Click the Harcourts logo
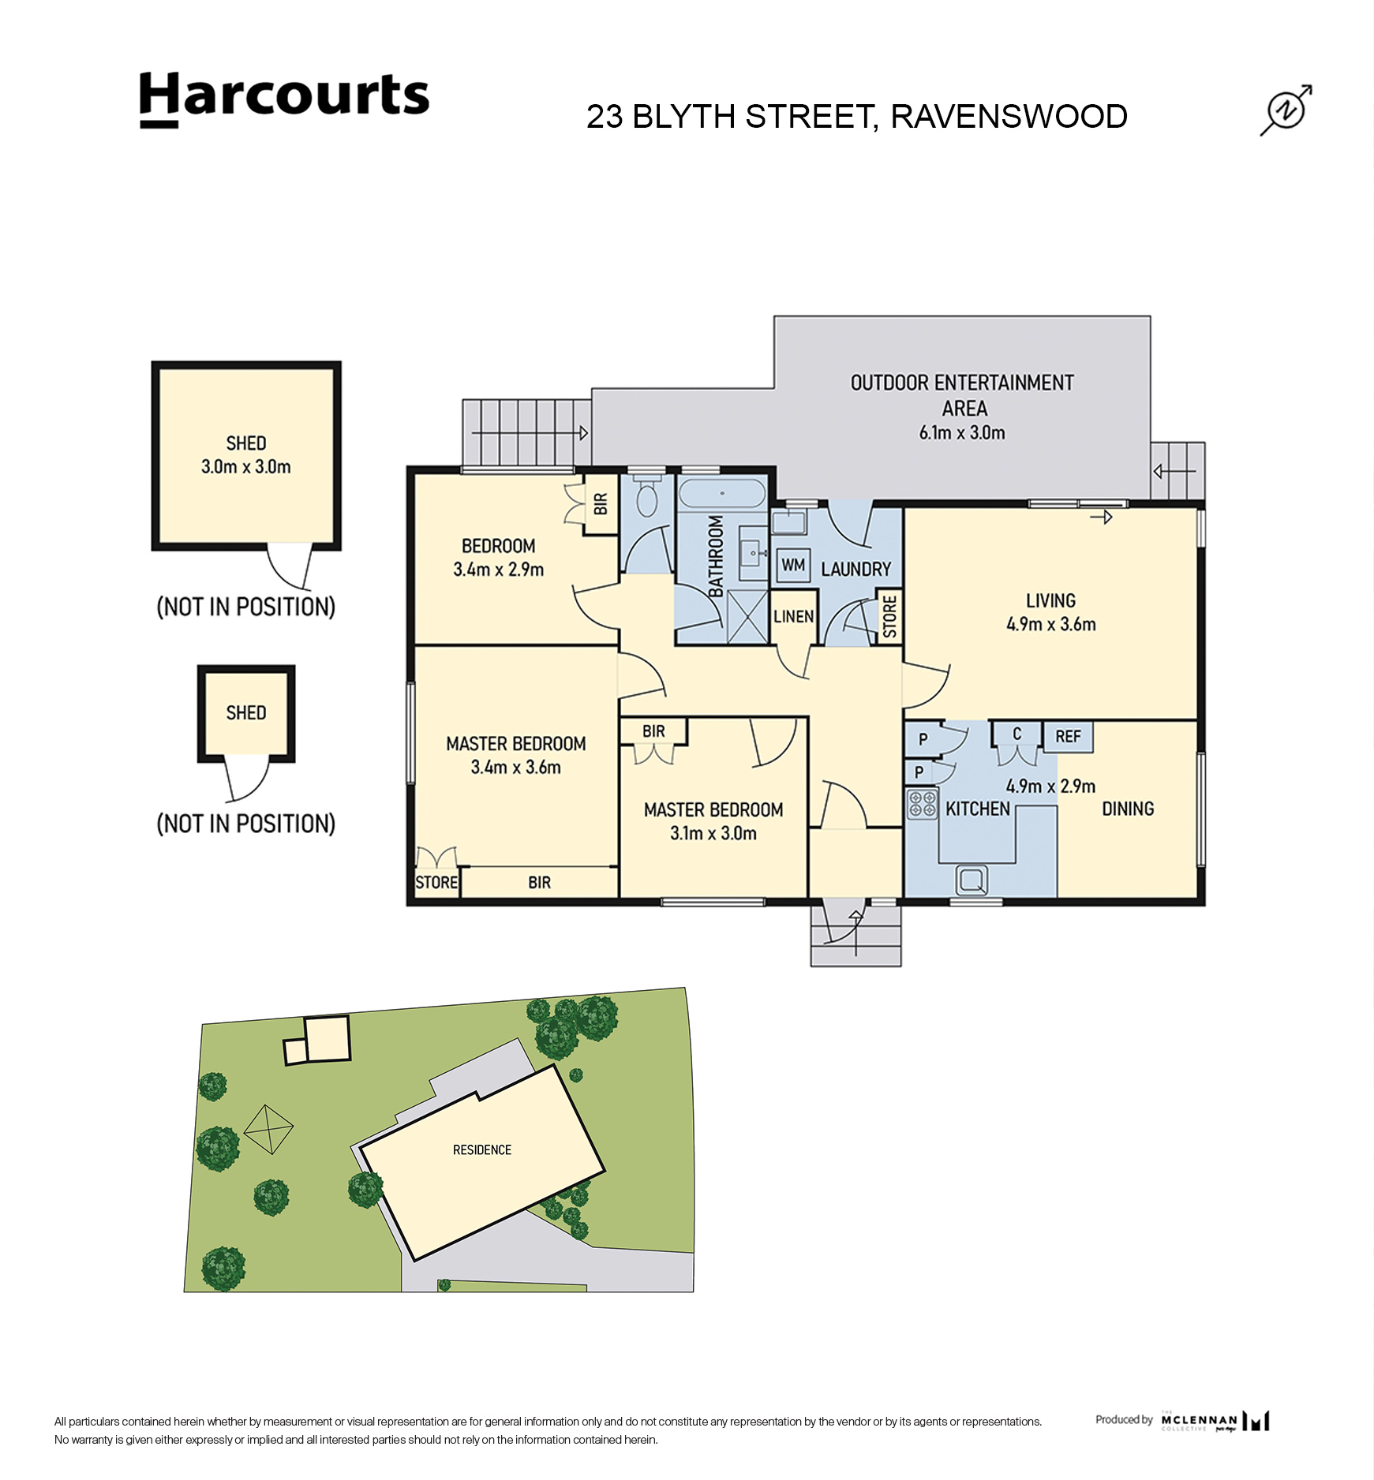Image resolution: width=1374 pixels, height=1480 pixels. [x=284, y=99]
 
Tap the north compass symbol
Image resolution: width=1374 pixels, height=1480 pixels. [x=1286, y=110]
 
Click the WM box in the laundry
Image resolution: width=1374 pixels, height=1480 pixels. [x=793, y=565]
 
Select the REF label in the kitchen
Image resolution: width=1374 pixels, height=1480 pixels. [x=1068, y=736]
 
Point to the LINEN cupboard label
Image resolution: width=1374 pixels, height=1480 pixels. [x=793, y=616]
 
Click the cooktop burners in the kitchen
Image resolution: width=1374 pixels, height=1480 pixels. [x=922, y=804]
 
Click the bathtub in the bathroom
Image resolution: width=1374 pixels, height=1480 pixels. [x=722, y=494]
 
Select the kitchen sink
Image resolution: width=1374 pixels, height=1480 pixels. [x=972, y=880]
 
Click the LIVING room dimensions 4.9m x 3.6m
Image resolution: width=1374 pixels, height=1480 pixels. [x=1050, y=624]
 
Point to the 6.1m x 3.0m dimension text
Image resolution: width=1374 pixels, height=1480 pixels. [x=962, y=432]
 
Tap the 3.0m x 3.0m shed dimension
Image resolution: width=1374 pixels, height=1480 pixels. [x=246, y=466]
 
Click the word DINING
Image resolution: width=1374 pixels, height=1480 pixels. [x=1128, y=809]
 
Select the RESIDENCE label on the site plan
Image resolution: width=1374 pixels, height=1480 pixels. [x=482, y=1149]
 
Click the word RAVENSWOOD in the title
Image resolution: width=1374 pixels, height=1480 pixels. [x=1009, y=117]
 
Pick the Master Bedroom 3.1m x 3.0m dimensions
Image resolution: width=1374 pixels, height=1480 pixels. [x=713, y=833]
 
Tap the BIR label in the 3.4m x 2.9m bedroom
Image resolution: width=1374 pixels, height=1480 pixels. [x=601, y=503]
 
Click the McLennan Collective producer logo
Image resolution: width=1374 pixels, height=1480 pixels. [x=1215, y=1421]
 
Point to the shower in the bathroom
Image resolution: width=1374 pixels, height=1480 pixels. [x=747, y=617]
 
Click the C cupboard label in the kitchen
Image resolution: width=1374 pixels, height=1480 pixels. [x=1016, y=734]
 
